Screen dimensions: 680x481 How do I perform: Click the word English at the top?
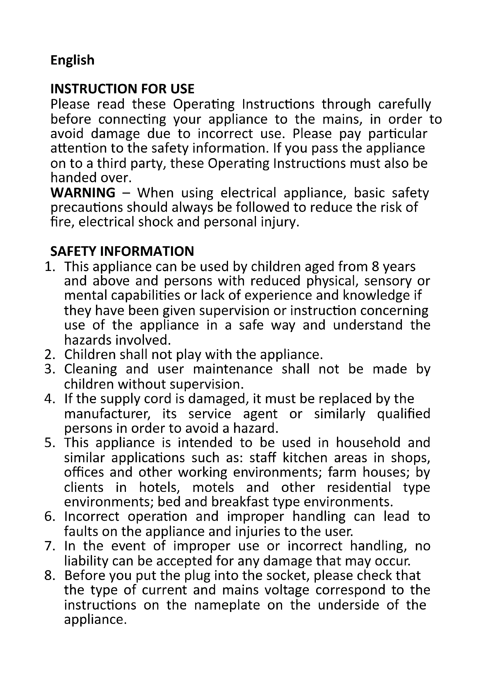72,60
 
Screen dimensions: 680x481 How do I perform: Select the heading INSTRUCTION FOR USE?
122,89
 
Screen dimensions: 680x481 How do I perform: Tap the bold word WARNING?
83,193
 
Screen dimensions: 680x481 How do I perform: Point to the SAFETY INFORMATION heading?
122,251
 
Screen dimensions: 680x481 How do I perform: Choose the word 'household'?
368,443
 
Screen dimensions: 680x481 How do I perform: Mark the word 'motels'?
213,488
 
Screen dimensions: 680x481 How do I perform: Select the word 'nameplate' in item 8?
227,605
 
